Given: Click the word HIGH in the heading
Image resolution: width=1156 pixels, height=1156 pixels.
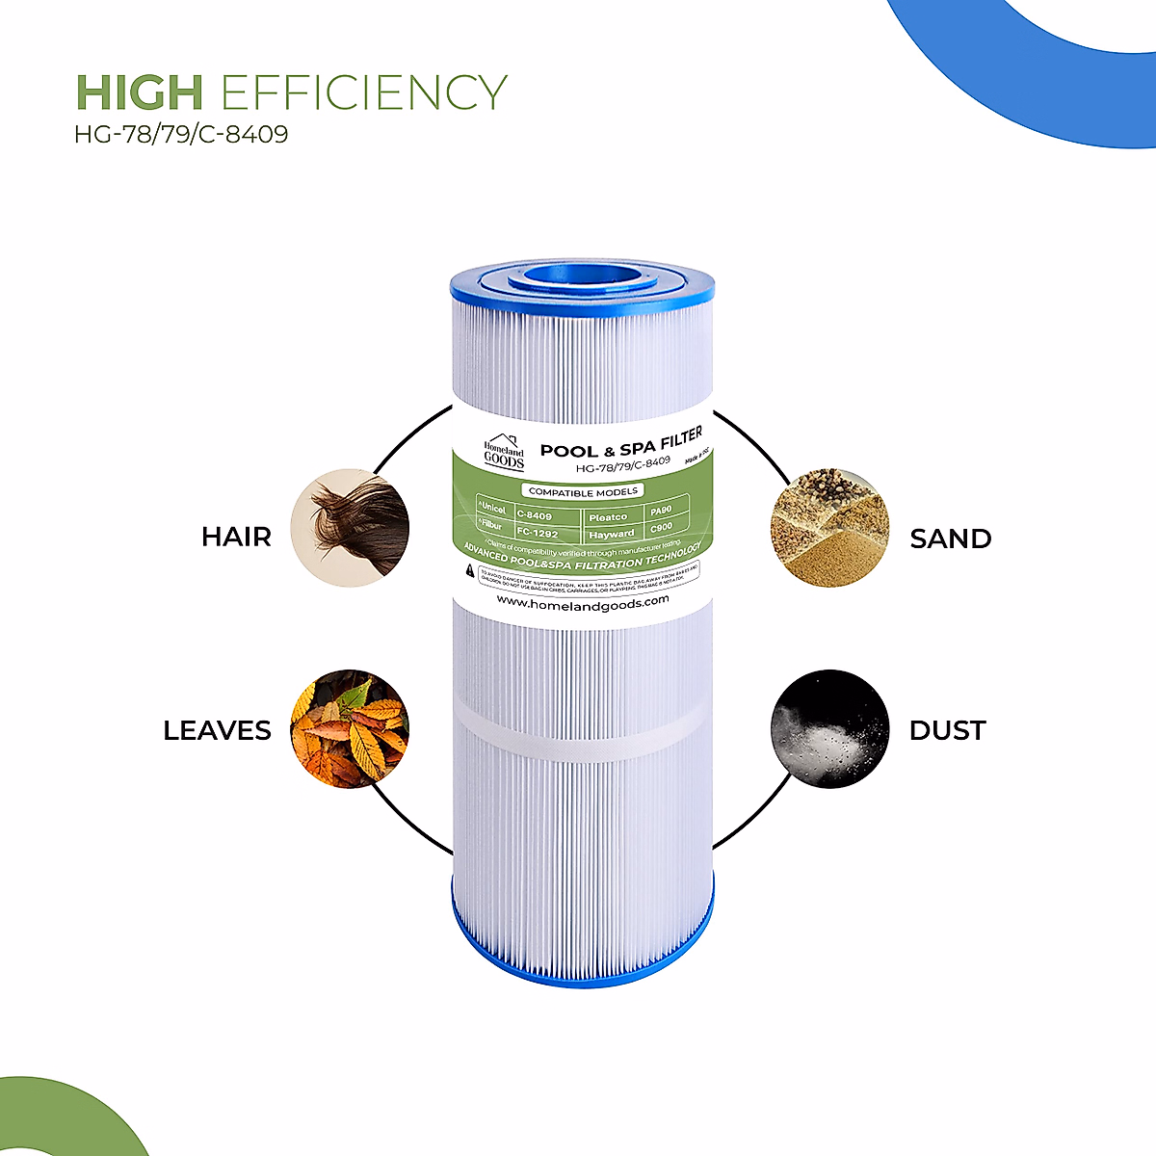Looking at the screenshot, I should [139, 93].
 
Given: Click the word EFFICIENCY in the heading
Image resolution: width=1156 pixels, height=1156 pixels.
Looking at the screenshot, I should [363, 93].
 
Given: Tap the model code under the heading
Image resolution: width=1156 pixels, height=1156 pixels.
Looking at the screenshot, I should [181, 134].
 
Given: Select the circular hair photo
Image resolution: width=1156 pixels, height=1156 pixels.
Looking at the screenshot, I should [350, 528].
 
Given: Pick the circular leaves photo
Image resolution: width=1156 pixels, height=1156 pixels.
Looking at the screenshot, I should [350, 729].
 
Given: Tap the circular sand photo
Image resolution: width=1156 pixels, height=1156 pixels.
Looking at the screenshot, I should [828, 528].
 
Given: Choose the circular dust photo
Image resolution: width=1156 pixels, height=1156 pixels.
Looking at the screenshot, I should [828, 729].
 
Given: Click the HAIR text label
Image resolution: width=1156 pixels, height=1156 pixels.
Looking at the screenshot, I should [236, 537].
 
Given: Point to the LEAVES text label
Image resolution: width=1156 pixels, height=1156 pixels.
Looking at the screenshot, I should [217, 730].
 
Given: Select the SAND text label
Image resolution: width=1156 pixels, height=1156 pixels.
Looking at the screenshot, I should [951, 539].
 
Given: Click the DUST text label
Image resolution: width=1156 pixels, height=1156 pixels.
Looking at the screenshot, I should [947, 730].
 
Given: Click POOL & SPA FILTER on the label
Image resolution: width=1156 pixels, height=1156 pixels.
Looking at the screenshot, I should [621, 445].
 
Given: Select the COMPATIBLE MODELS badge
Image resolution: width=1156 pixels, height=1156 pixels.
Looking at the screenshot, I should [583, 491].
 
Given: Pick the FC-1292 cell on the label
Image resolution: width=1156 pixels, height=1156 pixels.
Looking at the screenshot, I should [538, 533].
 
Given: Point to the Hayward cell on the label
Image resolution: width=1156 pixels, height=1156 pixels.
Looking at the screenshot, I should [612, 534].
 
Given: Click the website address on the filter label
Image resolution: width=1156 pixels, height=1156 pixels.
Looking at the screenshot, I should [582, 601].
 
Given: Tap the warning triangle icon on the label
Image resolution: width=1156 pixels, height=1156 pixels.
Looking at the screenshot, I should [470, 571].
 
